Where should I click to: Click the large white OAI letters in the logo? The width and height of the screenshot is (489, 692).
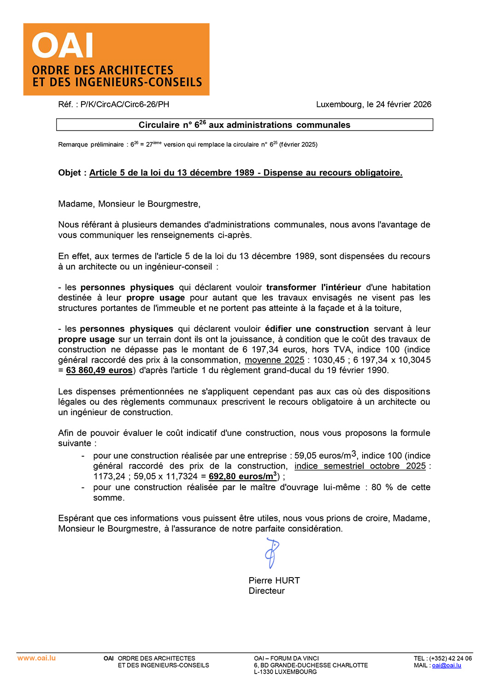pos(63,45)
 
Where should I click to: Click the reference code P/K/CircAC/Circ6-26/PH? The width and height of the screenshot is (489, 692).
pos(125,104)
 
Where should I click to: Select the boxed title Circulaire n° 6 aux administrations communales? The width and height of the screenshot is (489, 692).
pos(244,125)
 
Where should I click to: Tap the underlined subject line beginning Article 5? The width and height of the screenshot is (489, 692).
pos(246,173)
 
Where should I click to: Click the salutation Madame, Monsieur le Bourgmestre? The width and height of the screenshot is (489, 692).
pos(129,204)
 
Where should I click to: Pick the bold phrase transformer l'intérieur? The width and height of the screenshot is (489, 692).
pos(313,287)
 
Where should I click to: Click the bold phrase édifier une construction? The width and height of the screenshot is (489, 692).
pos(317,329)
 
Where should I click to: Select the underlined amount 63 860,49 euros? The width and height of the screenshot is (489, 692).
pos(99,370)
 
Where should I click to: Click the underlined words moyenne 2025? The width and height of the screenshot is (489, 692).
pos(274,360)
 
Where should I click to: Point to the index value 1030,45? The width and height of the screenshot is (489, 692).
pos(329,360)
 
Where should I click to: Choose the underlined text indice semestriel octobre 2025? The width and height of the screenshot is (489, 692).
pos(360,466)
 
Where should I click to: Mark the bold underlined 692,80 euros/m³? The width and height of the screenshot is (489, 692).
pos(243,477)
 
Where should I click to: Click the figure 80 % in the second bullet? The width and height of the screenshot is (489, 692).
pos(381,487)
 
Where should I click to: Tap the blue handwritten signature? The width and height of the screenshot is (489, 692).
pos(272,554)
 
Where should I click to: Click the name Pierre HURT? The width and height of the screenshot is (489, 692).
pos(274,580)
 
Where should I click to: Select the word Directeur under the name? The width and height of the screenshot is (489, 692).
pos(267,591)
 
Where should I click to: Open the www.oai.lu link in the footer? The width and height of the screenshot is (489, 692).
pos(36,658)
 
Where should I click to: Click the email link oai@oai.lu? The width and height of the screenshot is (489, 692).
pos(446,665)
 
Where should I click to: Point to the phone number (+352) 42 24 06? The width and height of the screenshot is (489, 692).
pos(450,658)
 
